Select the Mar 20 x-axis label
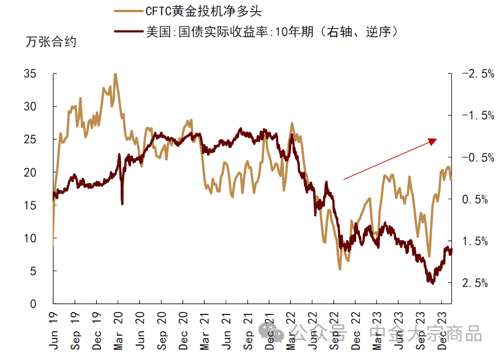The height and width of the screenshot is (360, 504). (118, 332)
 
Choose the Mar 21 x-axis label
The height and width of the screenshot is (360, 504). (204, 332)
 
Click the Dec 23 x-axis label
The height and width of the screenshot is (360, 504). (442, 332)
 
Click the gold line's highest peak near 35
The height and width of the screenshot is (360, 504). (115, 74)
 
